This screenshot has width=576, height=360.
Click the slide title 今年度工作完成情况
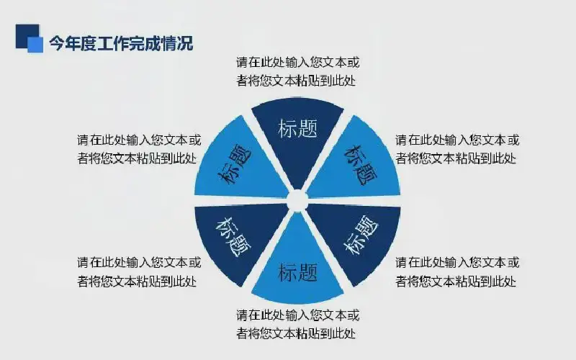(x=121, y=43)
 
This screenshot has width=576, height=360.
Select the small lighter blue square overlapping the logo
(x=35, y=45)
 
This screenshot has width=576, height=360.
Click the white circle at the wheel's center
(x=297, y=200)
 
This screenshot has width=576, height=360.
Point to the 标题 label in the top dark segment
(x=297, y=129)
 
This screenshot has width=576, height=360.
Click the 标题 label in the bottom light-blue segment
(x=297, y=272)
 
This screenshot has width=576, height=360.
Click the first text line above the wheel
(x=297, y=62)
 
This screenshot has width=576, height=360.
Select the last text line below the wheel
(x=296, y=333)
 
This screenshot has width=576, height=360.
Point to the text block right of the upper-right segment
(x=457, y=149)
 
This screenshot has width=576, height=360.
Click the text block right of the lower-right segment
(x=457, y=272)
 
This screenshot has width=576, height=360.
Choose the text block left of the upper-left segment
(x=139, y=149)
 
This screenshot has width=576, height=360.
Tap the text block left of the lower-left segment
(x=139, y=272)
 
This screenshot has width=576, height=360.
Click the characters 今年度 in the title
(x=73, y=43)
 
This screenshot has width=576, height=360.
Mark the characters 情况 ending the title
(x=177, y=43)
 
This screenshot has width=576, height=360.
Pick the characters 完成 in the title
(x=145, y=43)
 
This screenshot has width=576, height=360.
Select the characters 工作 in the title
(x=113, y=43)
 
